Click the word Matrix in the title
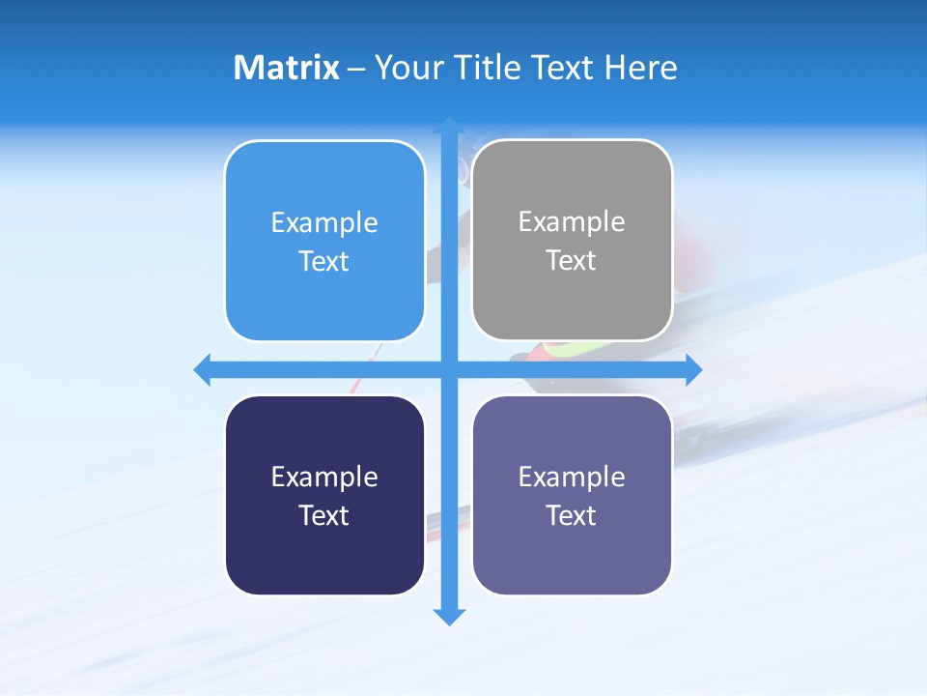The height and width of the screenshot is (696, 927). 286,68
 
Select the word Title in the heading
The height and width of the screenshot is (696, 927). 487,68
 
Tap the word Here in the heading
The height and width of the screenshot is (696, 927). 640,68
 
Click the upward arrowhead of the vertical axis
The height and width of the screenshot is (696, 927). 449,126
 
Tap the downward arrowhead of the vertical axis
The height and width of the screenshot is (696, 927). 449,616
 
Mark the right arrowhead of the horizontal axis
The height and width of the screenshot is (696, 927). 692,369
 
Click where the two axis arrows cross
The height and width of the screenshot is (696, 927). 449,369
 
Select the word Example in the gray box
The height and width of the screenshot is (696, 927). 572,221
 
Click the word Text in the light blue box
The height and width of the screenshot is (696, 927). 323,262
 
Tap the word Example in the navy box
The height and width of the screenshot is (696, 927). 323,477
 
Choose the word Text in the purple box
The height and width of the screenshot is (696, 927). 572,515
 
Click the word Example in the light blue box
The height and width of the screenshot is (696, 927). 323,222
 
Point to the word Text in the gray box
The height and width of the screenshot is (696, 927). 572,261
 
